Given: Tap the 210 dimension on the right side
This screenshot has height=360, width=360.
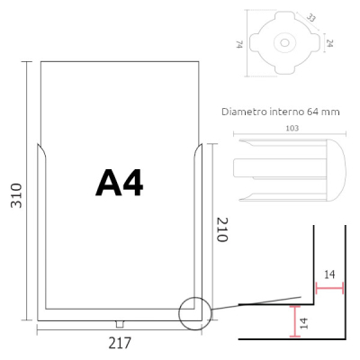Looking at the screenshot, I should [221, 236].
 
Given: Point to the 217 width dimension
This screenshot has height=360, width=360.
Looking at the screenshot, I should [120, 343].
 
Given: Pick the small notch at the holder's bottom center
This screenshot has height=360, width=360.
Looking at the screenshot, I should [119, 324].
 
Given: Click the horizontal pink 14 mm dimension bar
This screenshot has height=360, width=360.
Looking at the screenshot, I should [329, 289].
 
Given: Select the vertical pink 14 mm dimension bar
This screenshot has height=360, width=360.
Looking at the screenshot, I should [294, 319].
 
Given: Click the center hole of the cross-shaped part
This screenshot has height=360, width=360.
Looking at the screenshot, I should [284, 42].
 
